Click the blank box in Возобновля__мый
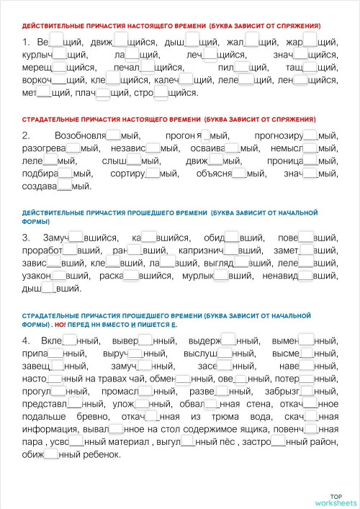click(x=113, y=135)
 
